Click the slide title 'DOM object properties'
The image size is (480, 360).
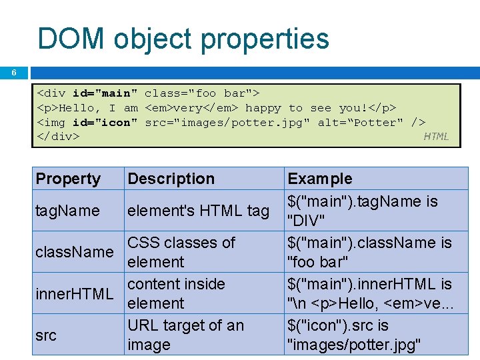[183, 39]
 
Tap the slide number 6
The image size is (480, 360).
[13, 73]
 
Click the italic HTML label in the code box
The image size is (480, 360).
[436, 137]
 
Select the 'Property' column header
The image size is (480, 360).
[68, 179]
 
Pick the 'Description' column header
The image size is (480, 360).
[171, 179]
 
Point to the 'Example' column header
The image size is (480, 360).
[319, 179]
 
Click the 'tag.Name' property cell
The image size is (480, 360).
[67, 211]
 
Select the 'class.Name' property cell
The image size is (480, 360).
[75, 252]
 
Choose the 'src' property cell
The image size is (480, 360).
[46, 335]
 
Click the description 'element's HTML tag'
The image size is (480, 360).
[198, 211]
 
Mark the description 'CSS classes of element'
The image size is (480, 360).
[181, 252]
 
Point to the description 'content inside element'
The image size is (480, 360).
[176, 293]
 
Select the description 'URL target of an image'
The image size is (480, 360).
[185, 335]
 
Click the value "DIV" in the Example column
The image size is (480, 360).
[305, 221]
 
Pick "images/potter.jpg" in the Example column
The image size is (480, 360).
[353, 345]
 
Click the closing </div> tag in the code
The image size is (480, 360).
[58, 137]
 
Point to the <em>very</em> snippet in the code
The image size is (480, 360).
[193, 107]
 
